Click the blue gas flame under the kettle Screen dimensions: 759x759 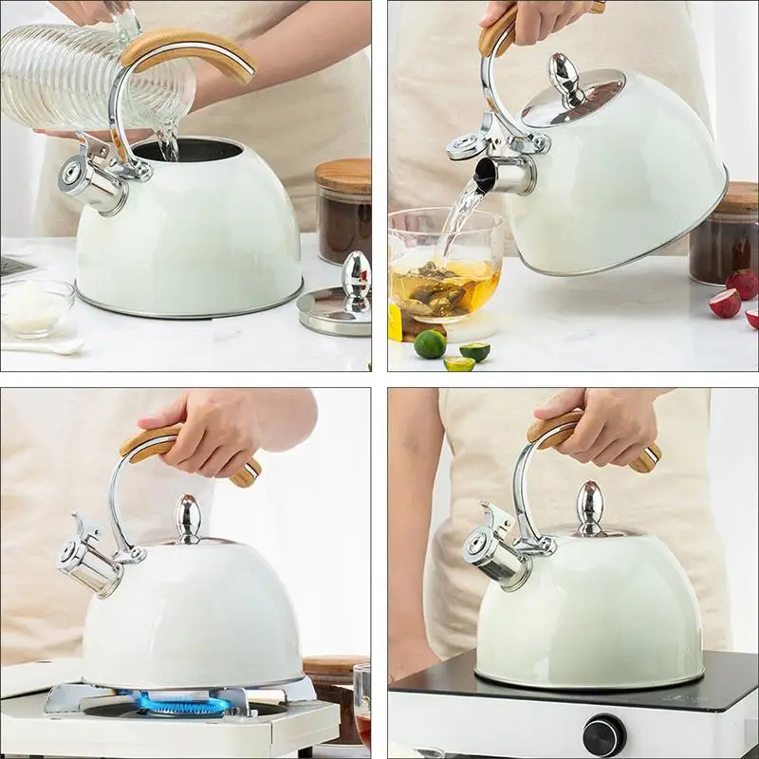180,704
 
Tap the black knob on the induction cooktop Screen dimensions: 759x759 603,734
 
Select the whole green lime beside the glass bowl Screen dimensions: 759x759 430,343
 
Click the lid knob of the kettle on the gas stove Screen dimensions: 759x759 188,518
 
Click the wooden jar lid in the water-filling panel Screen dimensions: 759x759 342,175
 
